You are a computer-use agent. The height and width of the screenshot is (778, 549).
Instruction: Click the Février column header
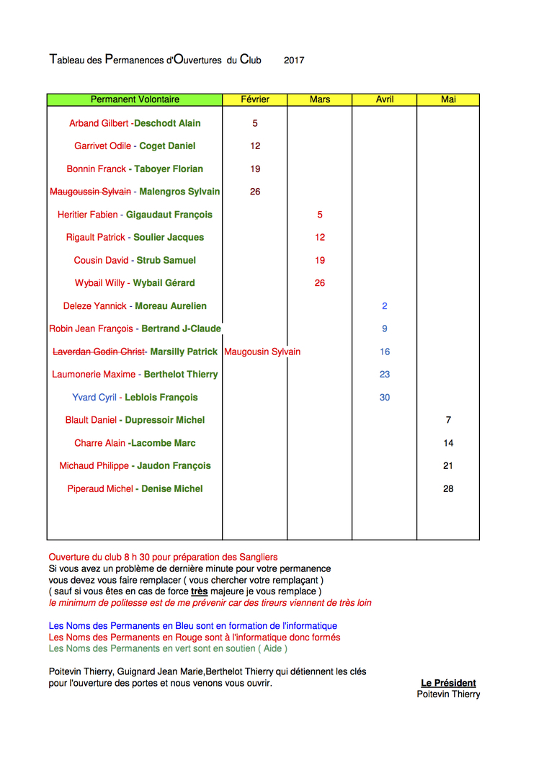pyautogui.click(x=255, y=99)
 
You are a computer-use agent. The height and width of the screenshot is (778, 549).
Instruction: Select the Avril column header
pyautogui.click(x=385, y=99)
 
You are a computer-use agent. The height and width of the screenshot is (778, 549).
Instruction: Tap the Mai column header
pyautogui.click(x=448, y=99)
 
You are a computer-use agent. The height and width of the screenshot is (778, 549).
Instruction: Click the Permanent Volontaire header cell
pyautogui.click(x=135, y=99)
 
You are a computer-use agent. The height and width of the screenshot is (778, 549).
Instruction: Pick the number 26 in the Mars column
pyautogui.click(x=320, y=283)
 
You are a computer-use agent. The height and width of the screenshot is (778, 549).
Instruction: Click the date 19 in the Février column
pyautogui.click(x=255, y=169)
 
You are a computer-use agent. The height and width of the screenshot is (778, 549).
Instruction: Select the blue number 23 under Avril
pyautogui.click(x=385, y=375)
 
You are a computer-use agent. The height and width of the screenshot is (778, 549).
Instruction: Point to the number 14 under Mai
pyautogui.click(x=448, y=443)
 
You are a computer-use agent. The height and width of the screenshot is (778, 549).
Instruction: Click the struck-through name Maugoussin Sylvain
pyautogui.click(x=90, y=192)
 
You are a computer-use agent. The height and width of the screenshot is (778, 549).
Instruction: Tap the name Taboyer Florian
pyautogui.click(x=169, y=169)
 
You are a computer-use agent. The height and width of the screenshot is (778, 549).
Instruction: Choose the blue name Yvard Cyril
pyautogui.click(x=94, y=398)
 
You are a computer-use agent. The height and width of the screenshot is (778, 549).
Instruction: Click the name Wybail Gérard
pyautogui.click(x=164, y=283)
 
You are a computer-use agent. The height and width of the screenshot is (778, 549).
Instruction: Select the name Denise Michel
pyautogui.click(x=171, y=489)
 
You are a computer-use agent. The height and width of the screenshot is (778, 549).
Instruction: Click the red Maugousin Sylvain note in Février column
pyautogui.click(x=262, y=352)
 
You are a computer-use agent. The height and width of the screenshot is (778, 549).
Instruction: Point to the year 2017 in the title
pyautogui.click(x=294, y=61)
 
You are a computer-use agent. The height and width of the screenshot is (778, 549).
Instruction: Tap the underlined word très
pyautogui.click(x=200, y=591)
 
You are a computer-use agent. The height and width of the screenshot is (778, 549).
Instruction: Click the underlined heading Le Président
pyautogui.click(x=448, y=683)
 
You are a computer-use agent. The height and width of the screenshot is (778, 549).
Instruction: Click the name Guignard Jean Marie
pyautogui.click(x=159, y=671)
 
